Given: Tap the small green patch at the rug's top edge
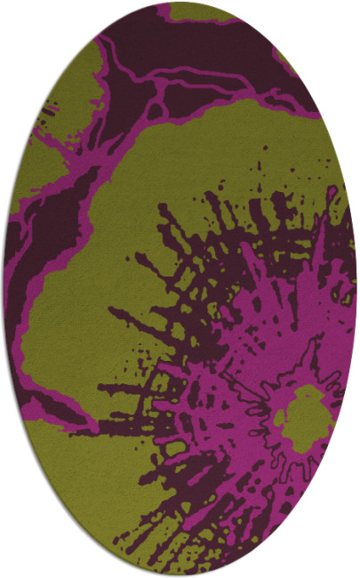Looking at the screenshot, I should (201, 11).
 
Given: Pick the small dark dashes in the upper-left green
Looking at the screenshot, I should (49, 111).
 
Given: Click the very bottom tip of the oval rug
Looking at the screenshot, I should (180, 574).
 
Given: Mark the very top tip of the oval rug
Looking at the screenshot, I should (180, 4).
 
